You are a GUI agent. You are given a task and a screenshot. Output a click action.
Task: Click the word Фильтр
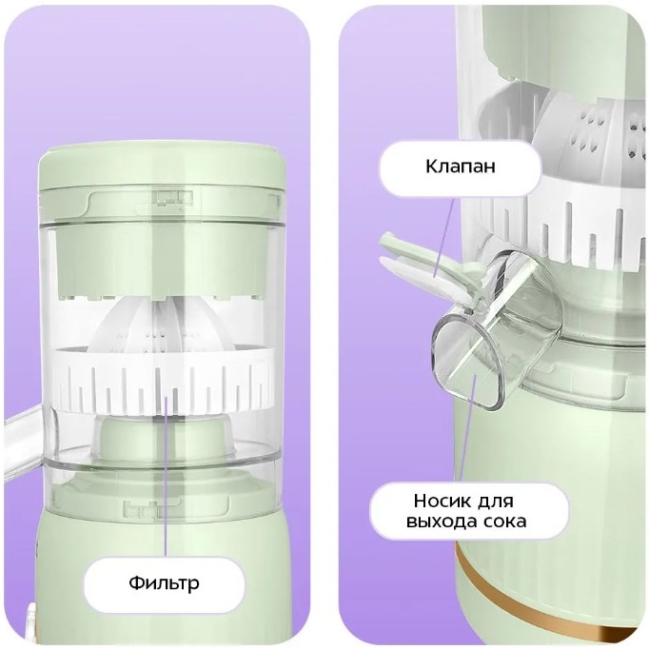tap(164, 583)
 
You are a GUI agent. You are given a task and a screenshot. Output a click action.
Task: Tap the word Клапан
tap(460, 167)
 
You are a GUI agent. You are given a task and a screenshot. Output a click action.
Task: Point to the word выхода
tap(441, 522)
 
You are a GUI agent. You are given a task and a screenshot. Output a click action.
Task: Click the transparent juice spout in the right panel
tap(498, 331)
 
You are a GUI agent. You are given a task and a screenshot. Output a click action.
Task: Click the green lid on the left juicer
tap(163, 183)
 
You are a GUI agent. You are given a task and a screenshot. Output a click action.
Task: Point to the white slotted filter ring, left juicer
tap(164, 382)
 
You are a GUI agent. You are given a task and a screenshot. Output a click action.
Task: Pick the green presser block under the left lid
tap(162, 261)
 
